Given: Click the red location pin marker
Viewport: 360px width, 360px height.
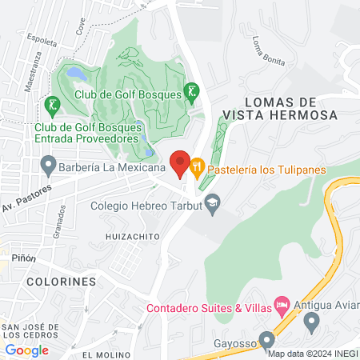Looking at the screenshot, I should (x=180, y=162).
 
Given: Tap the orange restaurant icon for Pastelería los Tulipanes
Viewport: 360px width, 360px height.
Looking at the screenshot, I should (x=196, y=168).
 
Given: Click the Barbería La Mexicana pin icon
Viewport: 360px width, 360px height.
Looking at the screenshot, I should (x=47, y=168).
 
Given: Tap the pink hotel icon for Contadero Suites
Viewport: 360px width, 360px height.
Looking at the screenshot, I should (x=281, y=304).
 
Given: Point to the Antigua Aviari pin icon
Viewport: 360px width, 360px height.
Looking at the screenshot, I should (x=312, y=322).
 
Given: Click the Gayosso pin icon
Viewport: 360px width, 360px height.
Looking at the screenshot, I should (x=266, y=345).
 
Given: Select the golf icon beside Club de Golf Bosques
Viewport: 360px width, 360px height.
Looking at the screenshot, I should (x=191, y=91).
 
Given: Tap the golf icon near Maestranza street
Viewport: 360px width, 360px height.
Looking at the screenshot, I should (x=52, y=103).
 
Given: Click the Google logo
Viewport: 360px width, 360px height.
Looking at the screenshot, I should (x=27, y=350).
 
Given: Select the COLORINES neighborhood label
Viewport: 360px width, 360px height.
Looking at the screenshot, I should (x=61, y=282).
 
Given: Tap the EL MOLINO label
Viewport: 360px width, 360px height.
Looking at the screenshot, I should (x=105, y=354).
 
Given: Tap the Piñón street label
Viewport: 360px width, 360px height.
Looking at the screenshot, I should (x=23, y=258).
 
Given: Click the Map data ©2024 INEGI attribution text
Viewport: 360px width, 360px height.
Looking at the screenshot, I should (x=312, y=353).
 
